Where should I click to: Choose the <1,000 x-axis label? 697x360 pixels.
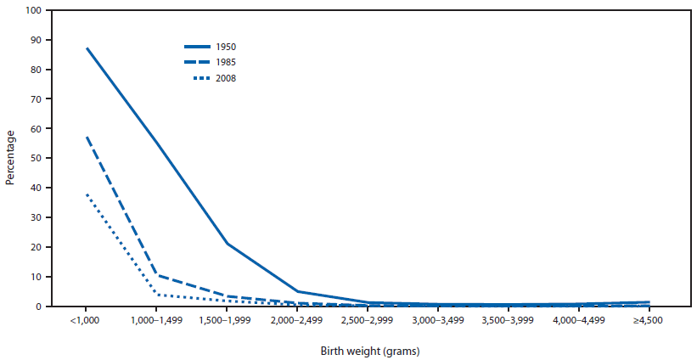(x=86, y=320)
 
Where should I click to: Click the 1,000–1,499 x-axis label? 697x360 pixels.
(x=156, y=320)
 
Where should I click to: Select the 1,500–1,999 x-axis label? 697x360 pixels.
(x=227, y=320)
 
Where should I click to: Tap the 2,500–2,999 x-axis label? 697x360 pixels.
(x=368, y=320)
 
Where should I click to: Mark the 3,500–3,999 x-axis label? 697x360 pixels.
(x=509, y=320)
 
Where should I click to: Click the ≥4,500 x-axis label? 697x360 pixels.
(x=649, y=320)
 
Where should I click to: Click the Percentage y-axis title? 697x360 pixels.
(x=11, y=158)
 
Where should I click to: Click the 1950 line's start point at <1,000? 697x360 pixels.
(x=86, y=48)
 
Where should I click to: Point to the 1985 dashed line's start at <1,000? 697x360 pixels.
(x=86, y=137)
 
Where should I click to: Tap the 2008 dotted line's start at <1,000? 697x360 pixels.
(x=86, y=194)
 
